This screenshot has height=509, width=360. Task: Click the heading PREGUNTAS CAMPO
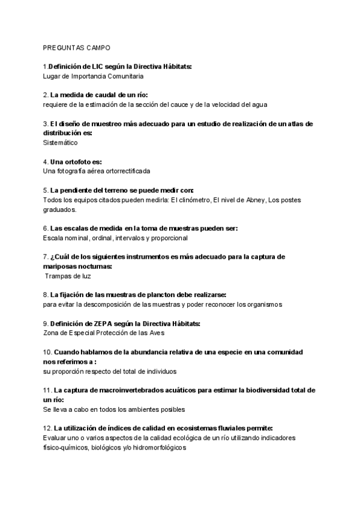click(x=76, y=47)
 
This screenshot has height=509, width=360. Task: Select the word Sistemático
click(x=60, y=142)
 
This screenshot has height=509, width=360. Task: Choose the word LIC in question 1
click(x=93, y=67)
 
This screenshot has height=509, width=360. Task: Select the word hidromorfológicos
click(x=159, y=447)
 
